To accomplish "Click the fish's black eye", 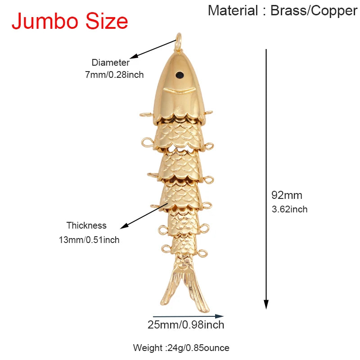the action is [180, 75].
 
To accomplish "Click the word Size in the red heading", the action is [107, 21].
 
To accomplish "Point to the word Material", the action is [233, 10].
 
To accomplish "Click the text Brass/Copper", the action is [314, 11].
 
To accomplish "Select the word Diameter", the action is [110, 63].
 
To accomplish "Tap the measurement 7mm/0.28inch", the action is [114, 75].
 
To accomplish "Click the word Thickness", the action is [86, 225].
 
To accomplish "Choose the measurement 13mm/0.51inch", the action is [89, 240].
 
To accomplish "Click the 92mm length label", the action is [287, 195].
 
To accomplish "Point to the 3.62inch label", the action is [289, 209].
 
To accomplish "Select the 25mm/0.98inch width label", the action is [186, 325].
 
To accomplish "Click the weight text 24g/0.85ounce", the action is [198, 348].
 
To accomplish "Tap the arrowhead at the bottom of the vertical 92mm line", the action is [266, 305].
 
